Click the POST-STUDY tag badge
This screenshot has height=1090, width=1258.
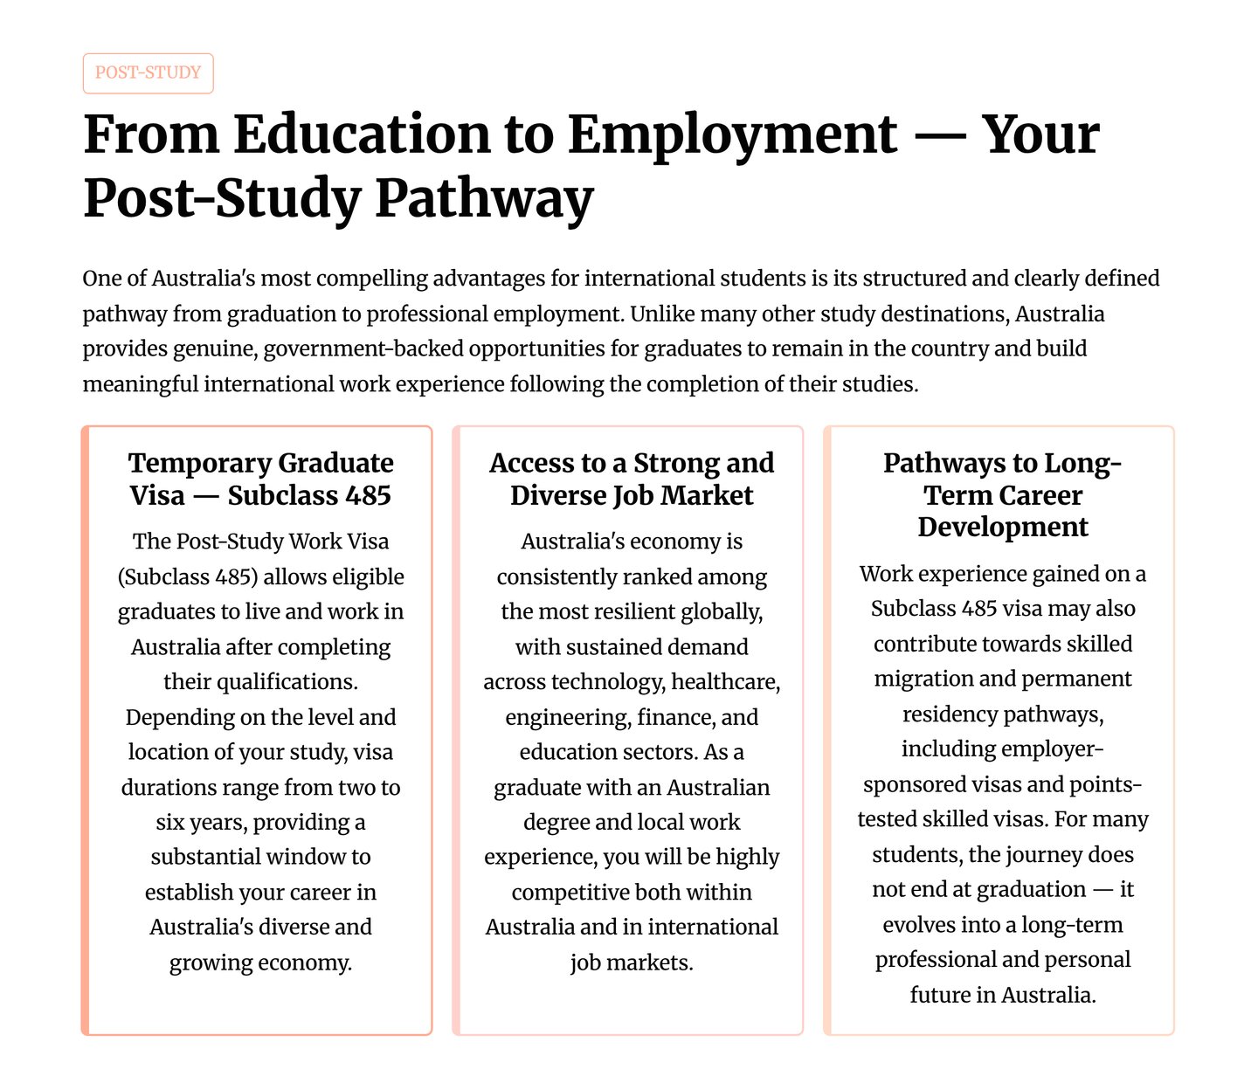(148, 73)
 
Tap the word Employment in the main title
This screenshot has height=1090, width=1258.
(731, 135)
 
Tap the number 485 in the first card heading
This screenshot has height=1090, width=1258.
(368, 495)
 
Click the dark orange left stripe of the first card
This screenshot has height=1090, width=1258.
(86, 730)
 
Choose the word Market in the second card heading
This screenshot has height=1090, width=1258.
(707, 495)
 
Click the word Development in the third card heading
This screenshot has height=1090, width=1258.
(1003, 528)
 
